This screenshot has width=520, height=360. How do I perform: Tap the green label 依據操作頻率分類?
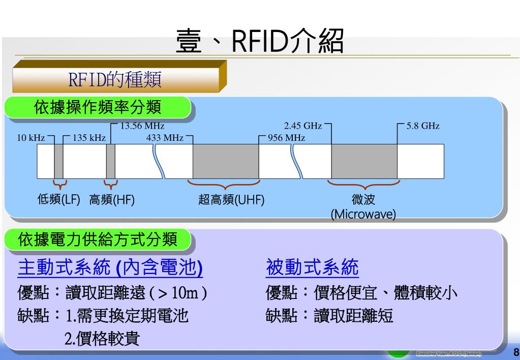click(98, 108)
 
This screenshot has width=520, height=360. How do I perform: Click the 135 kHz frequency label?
click(89, 138)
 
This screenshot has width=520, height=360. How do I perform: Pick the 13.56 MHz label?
click(142, 126)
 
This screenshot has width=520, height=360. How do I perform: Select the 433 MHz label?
click(165, 138)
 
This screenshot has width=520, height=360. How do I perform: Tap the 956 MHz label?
click(286, 138)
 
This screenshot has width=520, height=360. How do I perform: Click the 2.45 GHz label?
click(303, 126)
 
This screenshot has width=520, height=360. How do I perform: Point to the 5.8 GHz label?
click(423, 126)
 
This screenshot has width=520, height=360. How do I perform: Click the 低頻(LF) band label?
click(59, 200)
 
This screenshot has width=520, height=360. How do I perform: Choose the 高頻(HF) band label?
click(112, 200)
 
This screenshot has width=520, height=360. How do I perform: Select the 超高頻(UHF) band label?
click(231, 200)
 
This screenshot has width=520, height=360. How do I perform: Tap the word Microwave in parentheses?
click(363, 215)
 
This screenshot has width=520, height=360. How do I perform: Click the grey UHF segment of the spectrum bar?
click(226, 161)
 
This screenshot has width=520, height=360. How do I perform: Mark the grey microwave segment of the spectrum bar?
click(364, 161)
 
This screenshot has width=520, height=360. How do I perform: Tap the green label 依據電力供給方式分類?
click(98, 239)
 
